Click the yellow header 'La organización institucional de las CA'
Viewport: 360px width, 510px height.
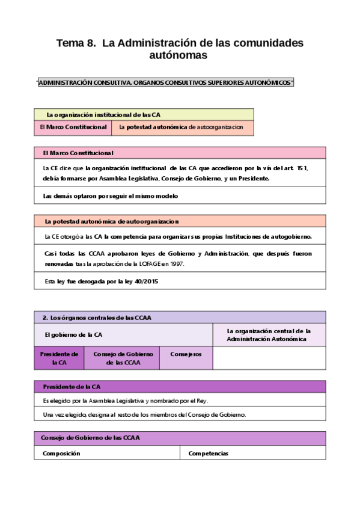[103, 114]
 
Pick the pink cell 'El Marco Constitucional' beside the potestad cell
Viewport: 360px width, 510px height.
[73, 127]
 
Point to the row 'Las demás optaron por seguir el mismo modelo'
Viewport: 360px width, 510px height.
[111, 196]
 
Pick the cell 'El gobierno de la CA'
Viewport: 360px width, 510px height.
[73, 334]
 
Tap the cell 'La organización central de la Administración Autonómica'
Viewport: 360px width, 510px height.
[268, 335]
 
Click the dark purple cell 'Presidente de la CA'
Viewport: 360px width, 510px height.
[59, 358]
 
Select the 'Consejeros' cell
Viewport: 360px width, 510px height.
[185, 354]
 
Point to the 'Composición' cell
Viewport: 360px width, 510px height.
[61, 453]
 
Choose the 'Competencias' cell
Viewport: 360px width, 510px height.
[209, 453]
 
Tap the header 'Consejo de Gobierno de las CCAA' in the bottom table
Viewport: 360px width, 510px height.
[91, 438]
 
